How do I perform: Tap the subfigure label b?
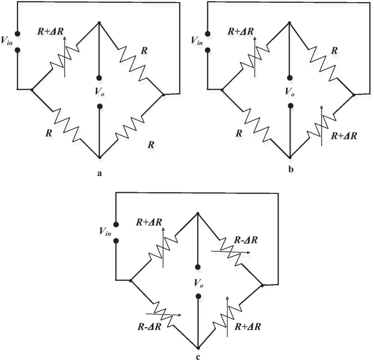(x=291, y=170)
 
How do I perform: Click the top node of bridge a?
(x=99, y=23)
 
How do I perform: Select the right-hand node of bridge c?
(x=263, y=285)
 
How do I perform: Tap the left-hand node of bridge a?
(x=32, y=88)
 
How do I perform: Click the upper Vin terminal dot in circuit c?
(x=116, y=224)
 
